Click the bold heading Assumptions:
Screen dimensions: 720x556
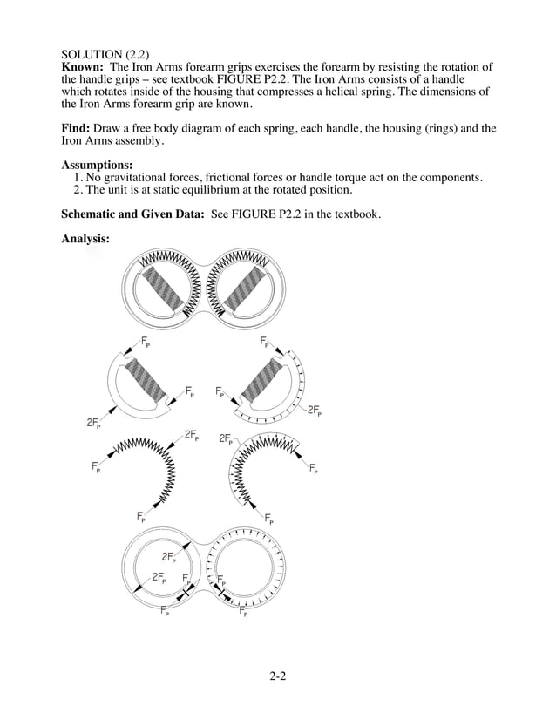(97, 165)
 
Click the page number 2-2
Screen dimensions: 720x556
(277, 674)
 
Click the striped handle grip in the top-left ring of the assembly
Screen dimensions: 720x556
(166, 287)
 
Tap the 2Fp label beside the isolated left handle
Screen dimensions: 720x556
(93, 424)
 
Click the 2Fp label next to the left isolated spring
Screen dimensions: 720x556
(192, 435)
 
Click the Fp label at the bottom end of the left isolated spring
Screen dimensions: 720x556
(142, 518)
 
